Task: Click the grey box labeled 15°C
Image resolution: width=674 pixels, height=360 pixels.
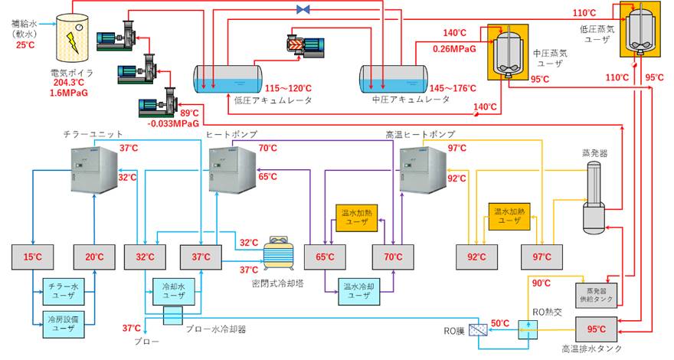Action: pos(32,257)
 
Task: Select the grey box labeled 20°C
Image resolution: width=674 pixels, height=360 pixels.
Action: pos(94,257)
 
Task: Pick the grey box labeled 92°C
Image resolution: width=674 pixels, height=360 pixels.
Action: pos(476,257)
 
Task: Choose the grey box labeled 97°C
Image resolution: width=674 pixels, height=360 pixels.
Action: pos(541,257)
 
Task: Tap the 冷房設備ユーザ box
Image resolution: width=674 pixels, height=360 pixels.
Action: pos(64,322)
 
